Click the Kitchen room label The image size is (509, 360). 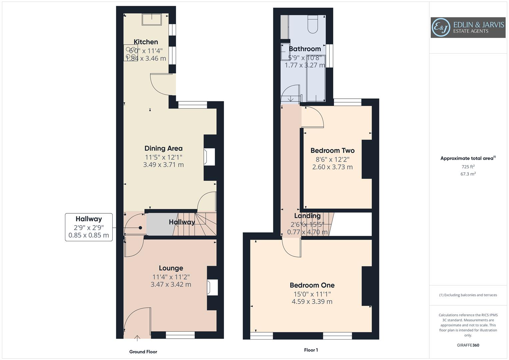point(146,42)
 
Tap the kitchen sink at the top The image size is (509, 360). point(152,19)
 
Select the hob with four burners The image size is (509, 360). point(130,53)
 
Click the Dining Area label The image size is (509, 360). point(163,148)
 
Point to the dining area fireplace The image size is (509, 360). point(210,157)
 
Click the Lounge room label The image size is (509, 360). point(171,268)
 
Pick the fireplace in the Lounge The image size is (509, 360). point(212,287)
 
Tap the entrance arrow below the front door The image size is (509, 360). point(137,338)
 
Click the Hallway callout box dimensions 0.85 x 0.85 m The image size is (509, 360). point(89,235)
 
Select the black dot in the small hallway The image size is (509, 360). point(140,228)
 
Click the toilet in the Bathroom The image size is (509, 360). point(313,24)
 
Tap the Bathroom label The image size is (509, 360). point(305,49)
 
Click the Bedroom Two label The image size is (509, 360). point(332,151)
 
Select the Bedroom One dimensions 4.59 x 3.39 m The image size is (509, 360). point(312,302)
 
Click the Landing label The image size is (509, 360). point(307,216)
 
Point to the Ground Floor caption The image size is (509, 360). point(143,352)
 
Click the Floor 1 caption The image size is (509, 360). point(311,350)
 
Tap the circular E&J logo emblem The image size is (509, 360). point(441,28)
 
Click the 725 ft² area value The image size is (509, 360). point(468,167)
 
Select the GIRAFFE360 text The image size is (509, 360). point(468,345)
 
